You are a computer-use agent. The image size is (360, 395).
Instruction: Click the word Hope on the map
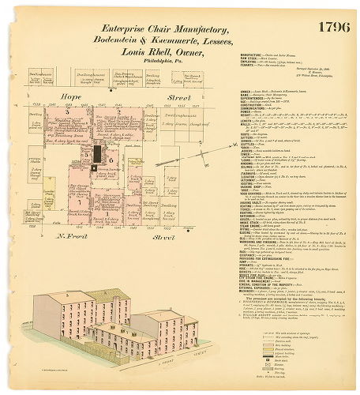tap(73, 96)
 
